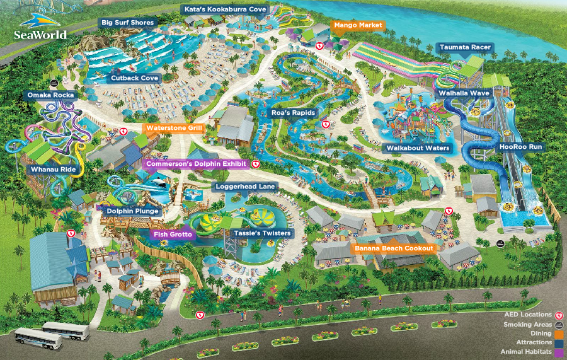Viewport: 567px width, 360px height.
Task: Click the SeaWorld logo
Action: pos(40,26)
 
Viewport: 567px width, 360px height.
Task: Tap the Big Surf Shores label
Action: pos(127,23)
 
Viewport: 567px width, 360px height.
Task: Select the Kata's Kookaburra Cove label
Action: pos(225,9)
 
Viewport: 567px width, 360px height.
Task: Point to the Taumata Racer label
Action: pos(465,47)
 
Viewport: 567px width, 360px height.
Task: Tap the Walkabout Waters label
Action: pos(418,148)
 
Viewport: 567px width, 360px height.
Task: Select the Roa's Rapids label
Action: pos(293,113)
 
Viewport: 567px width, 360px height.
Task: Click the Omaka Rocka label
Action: pos(51,95)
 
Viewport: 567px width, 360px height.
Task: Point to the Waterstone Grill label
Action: pos(173,128)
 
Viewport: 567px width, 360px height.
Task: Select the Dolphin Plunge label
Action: pos(132,211)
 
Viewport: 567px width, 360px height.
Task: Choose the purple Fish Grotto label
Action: pos(173,234)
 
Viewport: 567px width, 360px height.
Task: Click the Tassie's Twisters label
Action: pos(262,233)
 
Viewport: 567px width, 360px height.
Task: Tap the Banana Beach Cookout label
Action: pos(394,248)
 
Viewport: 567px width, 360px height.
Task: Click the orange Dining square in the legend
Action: pos(558,334)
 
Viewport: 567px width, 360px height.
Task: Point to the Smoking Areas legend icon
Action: pos(558,324)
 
